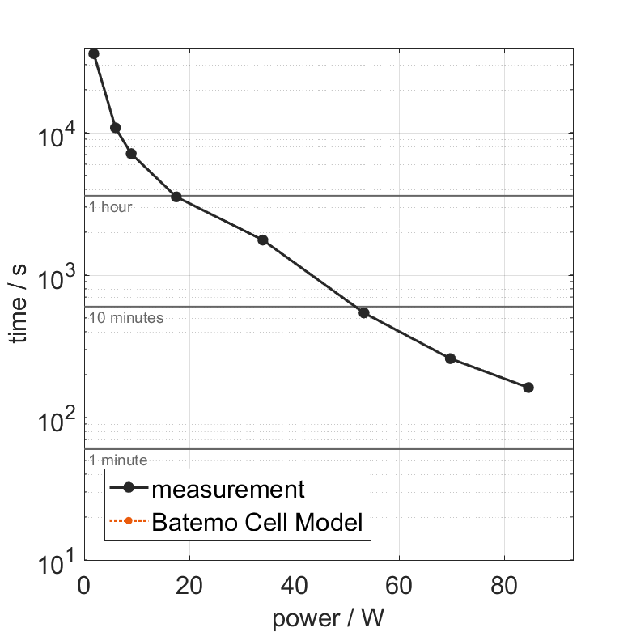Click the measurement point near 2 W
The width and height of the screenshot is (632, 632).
pos(94,53)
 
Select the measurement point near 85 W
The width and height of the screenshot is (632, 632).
pos(528,388)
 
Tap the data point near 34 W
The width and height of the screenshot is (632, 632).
pos(262,240)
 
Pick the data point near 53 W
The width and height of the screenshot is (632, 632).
pos(364,312)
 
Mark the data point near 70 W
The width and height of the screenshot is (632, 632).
pos(451,358)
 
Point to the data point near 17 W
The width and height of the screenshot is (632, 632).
pos(176,197)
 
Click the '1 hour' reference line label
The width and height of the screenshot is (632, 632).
pos(111,207)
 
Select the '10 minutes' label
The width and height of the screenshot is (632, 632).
pos(126,318)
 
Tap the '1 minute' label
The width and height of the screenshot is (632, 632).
pos(118,460)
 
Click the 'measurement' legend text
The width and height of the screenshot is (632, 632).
pos(228,489)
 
